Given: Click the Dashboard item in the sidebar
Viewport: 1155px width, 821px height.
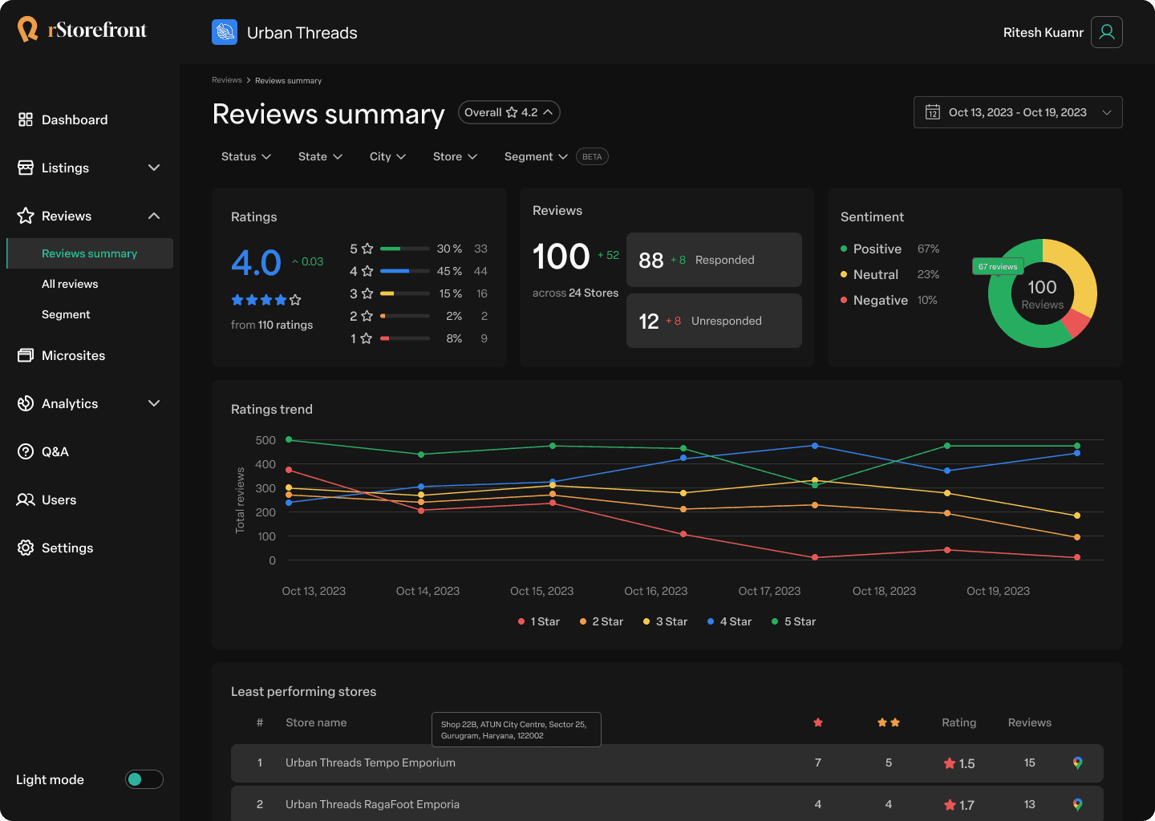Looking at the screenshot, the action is [63, 119].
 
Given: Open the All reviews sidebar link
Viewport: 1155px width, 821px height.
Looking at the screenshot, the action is [70, 284].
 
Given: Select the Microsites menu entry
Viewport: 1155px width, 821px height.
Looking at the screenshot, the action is [61, 356].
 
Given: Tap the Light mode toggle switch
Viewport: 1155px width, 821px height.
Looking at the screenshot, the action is [144, 779].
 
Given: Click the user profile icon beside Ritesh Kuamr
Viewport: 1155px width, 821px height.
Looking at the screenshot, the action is [1107, 32].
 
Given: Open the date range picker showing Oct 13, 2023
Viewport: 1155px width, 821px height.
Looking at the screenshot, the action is [1018, 112].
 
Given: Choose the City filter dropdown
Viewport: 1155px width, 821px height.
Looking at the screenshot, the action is [387, 156].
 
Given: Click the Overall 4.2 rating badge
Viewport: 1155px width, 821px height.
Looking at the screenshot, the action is [509, 112].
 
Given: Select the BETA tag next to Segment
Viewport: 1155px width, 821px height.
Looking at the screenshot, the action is [592, 156].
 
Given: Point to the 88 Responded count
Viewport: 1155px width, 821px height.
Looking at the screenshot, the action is [650, 261].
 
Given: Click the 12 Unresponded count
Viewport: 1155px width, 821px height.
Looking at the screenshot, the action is [649, 321].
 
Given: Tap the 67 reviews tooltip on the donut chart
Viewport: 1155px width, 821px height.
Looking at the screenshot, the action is [998, 266].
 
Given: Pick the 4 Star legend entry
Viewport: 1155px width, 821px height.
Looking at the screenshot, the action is [729, 621].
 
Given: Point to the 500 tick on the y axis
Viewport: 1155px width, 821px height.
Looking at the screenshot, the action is [265, 440].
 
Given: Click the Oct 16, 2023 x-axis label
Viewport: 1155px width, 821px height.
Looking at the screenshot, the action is [656, 591].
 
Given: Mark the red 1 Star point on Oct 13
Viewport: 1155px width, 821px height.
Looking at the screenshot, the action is [289, 470].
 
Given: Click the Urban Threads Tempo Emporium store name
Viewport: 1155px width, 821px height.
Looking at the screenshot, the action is [371, 762].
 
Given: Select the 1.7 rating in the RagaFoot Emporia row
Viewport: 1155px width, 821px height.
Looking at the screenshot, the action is [959, 805].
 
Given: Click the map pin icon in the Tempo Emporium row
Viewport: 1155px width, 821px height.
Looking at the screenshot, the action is [1078, 762].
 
